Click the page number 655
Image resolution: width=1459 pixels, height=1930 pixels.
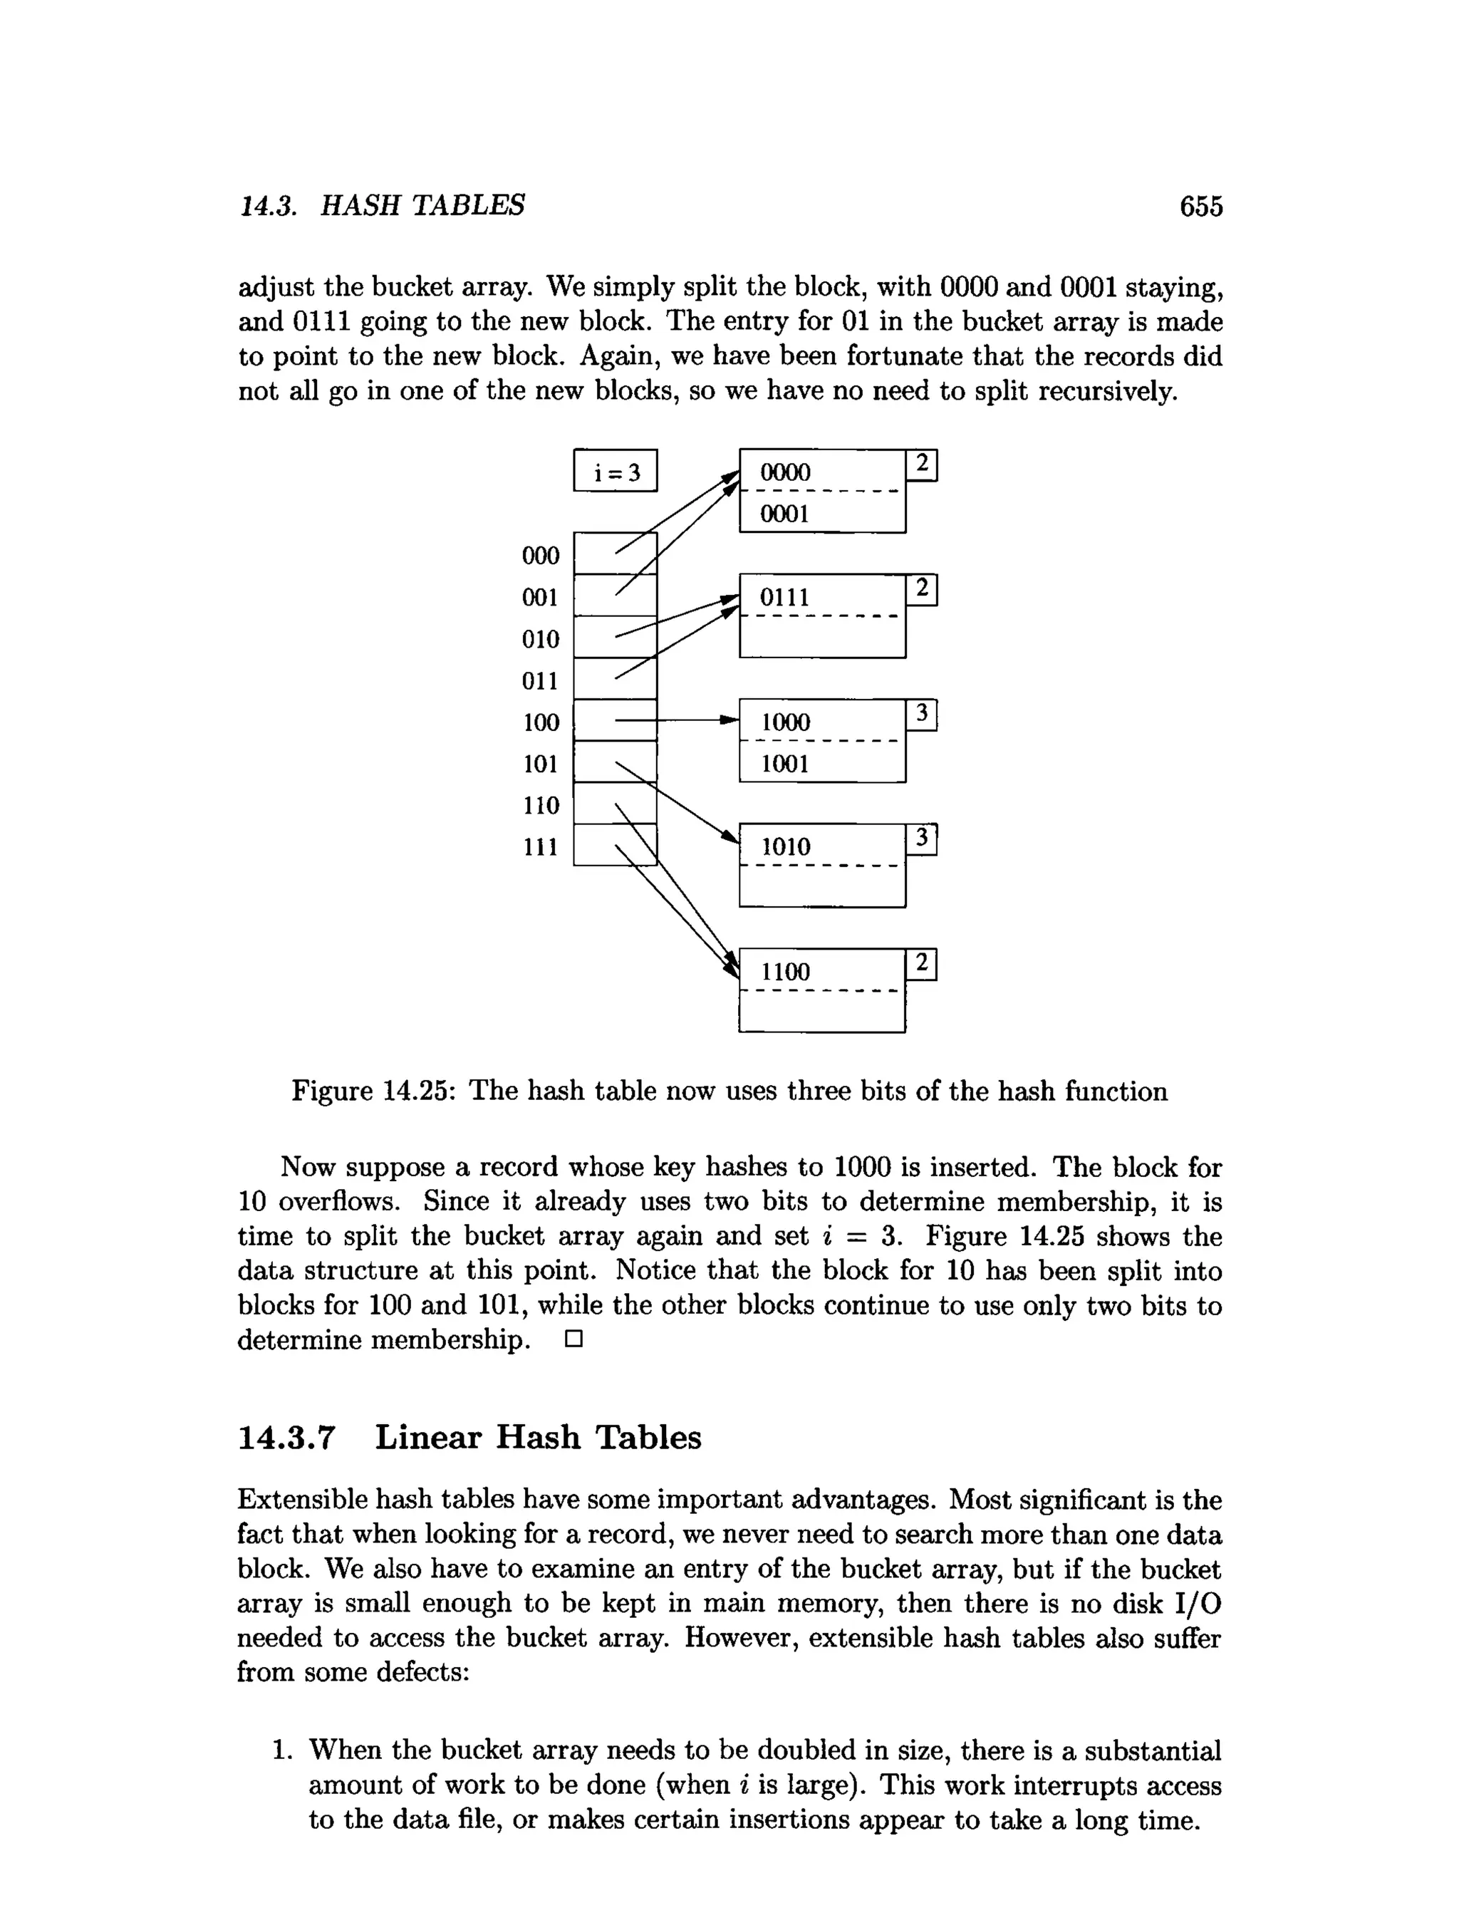pos(1200,207)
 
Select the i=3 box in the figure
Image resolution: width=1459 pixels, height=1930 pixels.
pos(616,471)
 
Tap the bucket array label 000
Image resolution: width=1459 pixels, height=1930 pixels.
pos(540,556)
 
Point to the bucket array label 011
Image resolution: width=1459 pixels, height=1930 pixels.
pos(540,680)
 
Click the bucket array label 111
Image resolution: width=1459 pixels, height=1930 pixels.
pos(540,846)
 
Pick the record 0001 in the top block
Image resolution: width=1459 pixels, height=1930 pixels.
pos(784,513)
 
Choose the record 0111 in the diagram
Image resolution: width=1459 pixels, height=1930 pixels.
pos(784,598)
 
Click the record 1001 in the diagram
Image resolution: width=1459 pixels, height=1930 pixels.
pos(785,764)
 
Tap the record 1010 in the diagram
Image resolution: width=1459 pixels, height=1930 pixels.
pos(785,846)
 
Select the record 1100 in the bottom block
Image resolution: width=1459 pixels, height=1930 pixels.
pos(785,972)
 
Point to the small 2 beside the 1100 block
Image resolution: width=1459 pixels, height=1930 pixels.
pos(921,964)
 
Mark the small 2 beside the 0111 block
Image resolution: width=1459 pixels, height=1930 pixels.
pos(921,590)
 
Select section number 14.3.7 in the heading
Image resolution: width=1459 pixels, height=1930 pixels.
pos(286,1438)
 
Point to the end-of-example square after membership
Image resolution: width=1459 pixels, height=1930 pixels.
pos(573,1339)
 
